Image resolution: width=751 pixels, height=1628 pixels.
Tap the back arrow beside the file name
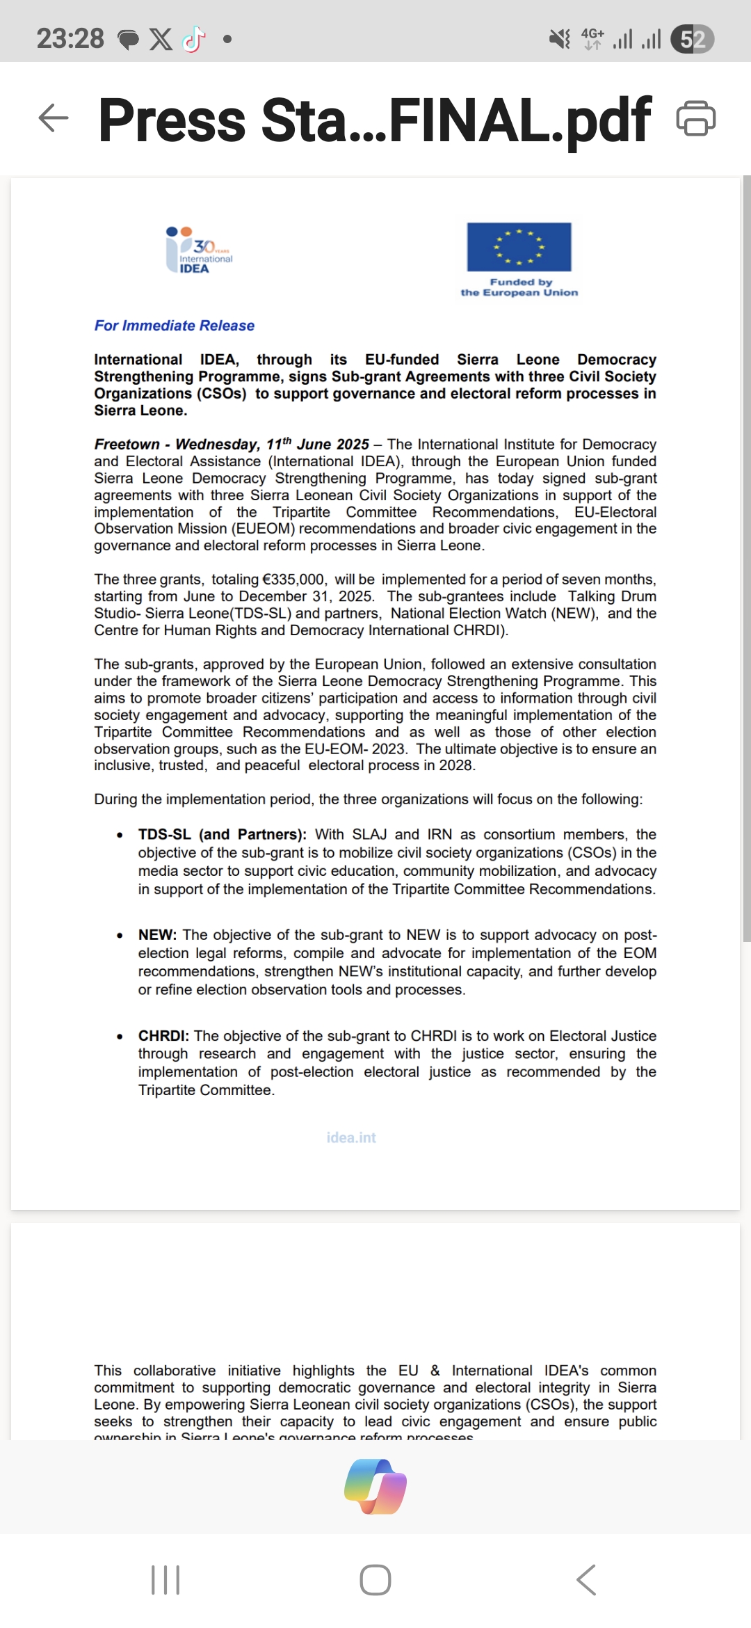(54, 118)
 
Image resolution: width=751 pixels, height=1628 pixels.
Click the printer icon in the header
(695, 118)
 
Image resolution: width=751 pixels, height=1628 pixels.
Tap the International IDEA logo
(199, 250)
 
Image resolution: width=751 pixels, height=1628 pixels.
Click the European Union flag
(519, 246)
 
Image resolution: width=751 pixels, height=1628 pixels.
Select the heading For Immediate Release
(175, 326)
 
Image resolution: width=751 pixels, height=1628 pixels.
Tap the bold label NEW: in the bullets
(157, 935)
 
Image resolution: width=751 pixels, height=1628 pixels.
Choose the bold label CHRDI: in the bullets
(163, 1036)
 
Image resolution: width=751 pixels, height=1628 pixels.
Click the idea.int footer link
(351, 1138)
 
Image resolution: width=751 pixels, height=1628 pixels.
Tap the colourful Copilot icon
(375, 1487)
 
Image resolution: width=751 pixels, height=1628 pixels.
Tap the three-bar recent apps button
(165, 1580)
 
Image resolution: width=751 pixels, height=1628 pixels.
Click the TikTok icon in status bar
(194, 39)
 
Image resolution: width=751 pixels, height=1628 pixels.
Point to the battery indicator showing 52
(692, 39)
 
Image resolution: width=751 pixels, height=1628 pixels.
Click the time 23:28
(70, 39)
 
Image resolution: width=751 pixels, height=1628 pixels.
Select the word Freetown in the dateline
(127, 445)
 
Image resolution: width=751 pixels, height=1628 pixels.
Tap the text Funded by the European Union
(519, 287)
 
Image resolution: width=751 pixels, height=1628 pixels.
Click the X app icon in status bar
(161, 39)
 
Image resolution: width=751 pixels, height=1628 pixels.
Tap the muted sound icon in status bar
(559, 39)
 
